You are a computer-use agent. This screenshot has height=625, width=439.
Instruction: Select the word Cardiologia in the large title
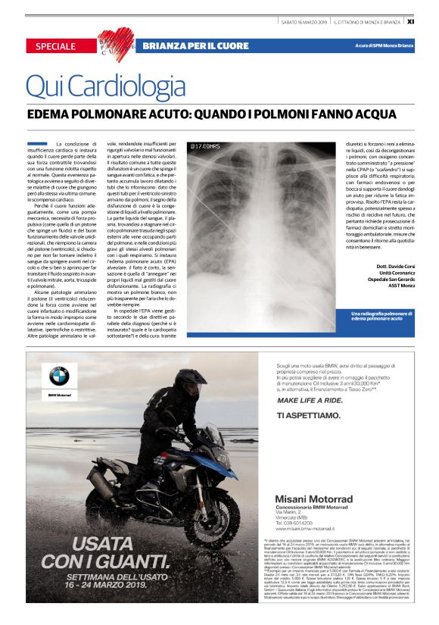[x=126, y=86]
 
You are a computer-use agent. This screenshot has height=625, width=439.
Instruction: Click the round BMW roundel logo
[x=58, y=377]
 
